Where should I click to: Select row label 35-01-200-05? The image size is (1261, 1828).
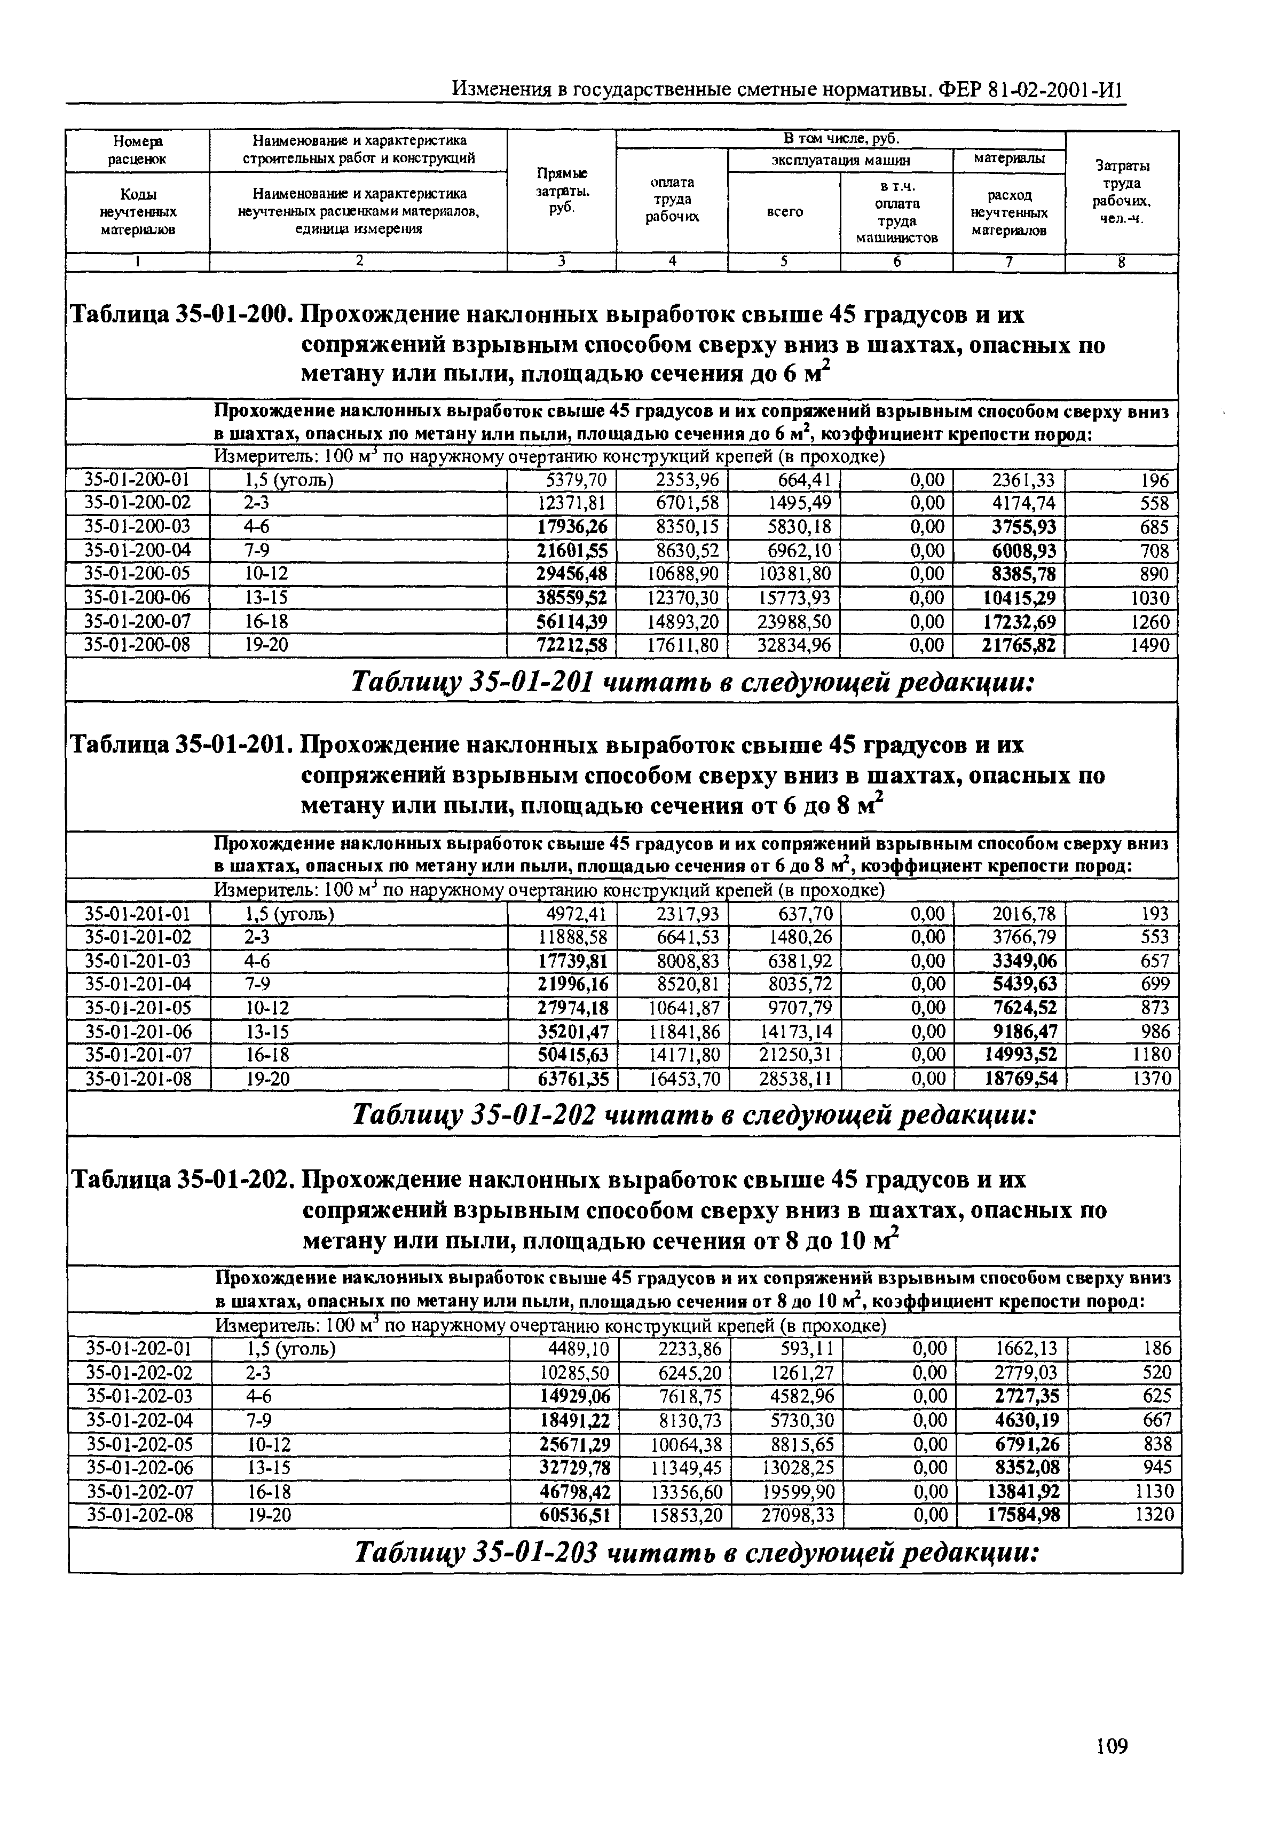click(138, 573)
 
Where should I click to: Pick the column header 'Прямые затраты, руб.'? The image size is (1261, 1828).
click(561, 191)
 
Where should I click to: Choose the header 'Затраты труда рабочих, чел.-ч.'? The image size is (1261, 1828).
click(1122, 191)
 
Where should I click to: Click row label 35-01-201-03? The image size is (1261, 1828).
click(138, 961)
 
